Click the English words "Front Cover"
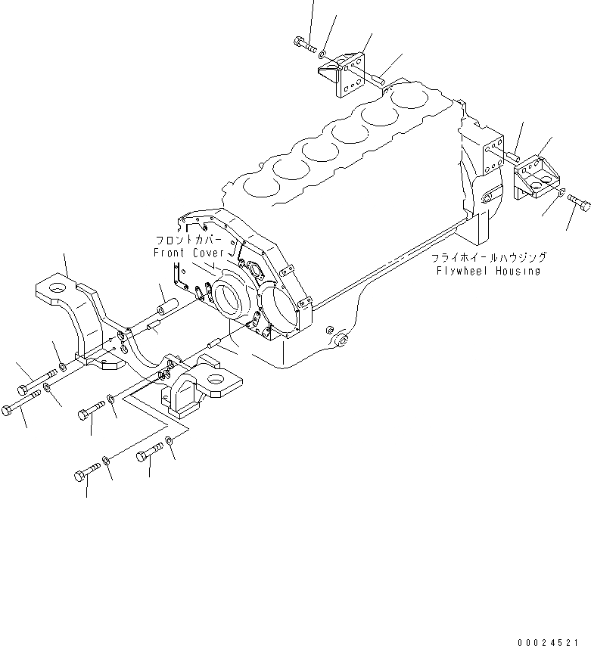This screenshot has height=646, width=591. point(188,252)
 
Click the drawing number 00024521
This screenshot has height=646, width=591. point(550,641)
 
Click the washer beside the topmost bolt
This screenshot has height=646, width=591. point(323,54)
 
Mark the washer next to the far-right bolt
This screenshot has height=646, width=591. point(558,196)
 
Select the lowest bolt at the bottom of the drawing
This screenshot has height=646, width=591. point(85,475)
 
